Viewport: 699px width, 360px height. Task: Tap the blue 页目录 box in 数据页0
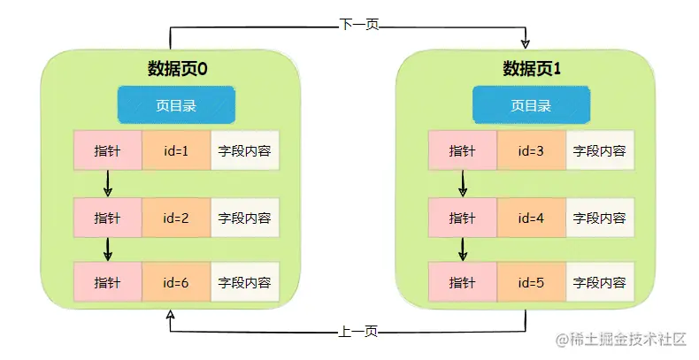[x=176, y=105]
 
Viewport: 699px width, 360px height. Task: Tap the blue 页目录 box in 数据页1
[x=531, y=105]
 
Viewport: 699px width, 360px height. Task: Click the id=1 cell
[x=176, y=150]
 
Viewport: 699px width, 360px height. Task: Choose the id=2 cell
[x=176, y=217]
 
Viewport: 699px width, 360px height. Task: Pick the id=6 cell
[x=176, y=282]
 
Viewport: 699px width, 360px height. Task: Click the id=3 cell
[x=531, y=150]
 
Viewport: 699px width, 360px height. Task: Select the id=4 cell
[x=531, y=217]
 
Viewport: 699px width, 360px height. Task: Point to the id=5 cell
[x=531, y=282]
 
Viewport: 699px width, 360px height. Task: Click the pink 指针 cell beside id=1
[x=108, y=150]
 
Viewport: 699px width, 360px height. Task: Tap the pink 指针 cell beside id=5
[x=463, y=282]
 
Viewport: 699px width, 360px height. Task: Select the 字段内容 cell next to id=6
[x=244, y=282]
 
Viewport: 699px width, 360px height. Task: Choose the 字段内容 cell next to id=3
[x=599, y=150]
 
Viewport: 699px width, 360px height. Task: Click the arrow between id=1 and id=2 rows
[x=108, y=183]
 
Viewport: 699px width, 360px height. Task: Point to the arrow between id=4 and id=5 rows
[x=463, y=249]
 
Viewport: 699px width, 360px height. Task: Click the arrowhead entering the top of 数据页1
[x=526, y=42]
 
